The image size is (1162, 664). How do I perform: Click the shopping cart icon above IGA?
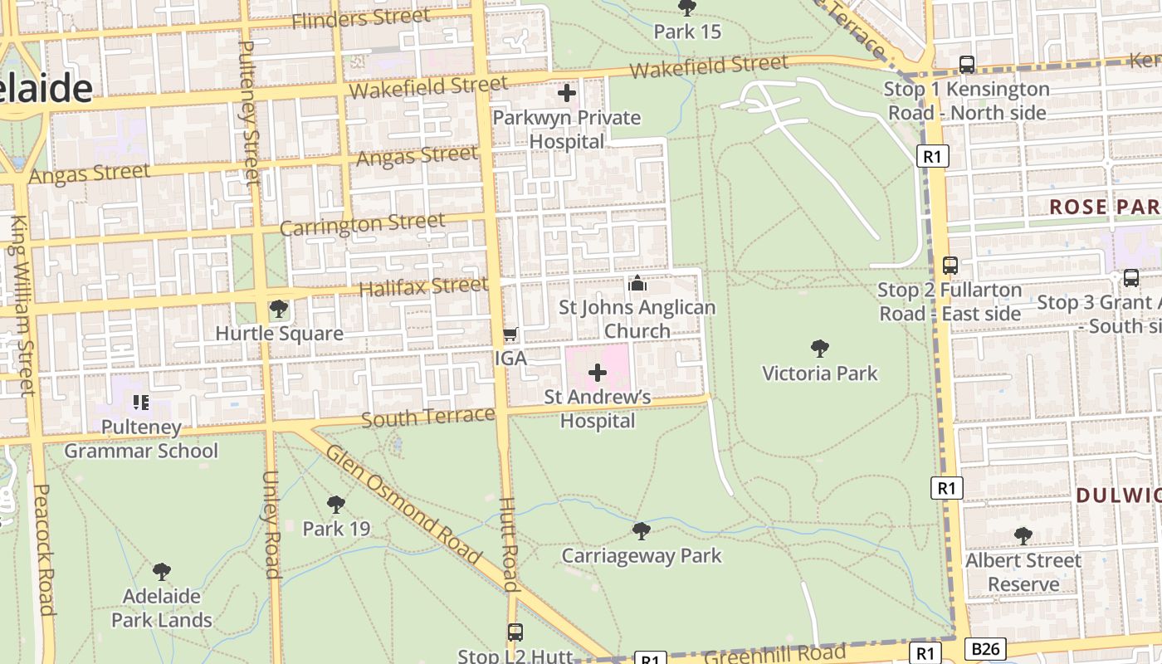510,334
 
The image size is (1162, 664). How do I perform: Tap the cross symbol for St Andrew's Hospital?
597,373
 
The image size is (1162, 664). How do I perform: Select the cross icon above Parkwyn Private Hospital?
567,93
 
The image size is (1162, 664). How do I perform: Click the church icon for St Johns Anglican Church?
637,283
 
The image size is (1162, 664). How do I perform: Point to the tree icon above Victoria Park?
819,348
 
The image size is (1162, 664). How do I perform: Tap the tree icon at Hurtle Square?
279,310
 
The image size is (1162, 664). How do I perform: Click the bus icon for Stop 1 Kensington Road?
966,64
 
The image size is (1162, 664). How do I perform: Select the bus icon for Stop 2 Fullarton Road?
950,266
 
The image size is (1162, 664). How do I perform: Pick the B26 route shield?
985,648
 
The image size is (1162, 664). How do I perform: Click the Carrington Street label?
362,224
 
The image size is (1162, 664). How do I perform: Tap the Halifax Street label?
423,287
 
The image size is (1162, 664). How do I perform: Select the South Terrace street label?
427,416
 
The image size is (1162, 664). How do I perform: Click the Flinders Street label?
361,18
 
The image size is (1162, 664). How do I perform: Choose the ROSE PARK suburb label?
1104,207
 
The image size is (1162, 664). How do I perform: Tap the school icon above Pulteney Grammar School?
141,403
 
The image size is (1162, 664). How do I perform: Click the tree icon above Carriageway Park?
641,530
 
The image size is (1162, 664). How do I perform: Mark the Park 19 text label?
336,529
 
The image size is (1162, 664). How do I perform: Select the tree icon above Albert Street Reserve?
1023,536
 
